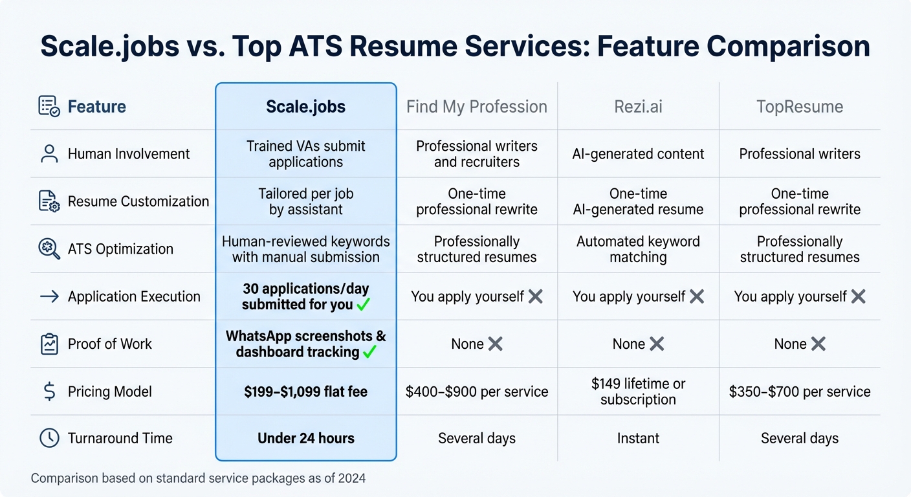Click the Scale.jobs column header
(x=305, y=107)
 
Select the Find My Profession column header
(x=477, y=107)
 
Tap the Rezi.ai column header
(x=638, y=107)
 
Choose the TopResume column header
(x=800, y=107)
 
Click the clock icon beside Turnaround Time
(x=49, y=438)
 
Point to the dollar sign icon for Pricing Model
(x=49, y=392)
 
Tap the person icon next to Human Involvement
(x=49, y=154)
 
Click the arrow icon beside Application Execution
(x=49, y=296)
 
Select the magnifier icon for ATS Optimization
(x=49, y=248)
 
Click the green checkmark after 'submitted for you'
(x=364, y=304)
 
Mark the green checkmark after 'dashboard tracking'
(x=369, y=352)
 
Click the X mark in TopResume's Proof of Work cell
(x=818, y=344)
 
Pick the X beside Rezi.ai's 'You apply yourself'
(x=696, y=296)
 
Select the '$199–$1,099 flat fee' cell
(x=305, y=392)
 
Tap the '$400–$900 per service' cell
(x=477, y=392)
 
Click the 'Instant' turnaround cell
(x=638, y=438)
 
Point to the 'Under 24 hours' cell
(x=305, y=438)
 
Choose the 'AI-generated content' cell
(x=638, y=154)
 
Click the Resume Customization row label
(x=138, y=201)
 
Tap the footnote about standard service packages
(x=198, y=479)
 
